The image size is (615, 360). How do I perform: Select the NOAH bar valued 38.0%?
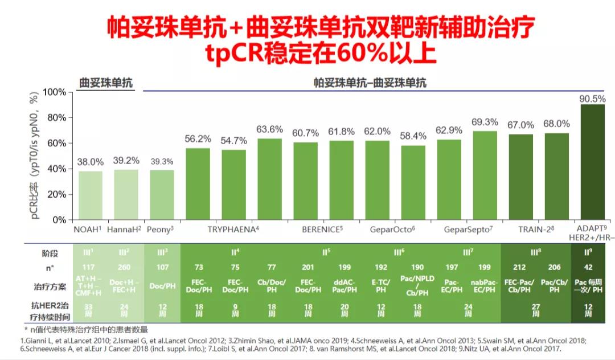pos(91,195)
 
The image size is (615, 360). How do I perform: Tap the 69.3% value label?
pos(485,122)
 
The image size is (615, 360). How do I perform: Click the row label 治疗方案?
pos(50,287)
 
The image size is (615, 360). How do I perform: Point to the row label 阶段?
pos(50,253)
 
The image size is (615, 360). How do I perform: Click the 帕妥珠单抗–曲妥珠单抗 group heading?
pos(370,83)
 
